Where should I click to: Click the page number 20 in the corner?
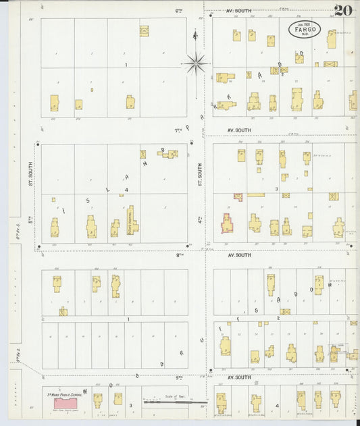(x=342, y=11)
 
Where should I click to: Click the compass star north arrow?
(x=196, y=63)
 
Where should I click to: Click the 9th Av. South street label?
(x=238, y=377)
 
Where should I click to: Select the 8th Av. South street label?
(x=238, y=255)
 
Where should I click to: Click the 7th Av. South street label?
(x=238, y=130)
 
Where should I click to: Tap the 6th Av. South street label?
(x=238, y=11)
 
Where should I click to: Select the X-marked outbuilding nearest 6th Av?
(x=144, y=30)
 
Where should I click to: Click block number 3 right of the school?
(x=130, y=405)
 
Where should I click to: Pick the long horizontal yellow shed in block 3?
(x=256, y=195)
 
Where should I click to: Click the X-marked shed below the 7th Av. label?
(x=143, y=154)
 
